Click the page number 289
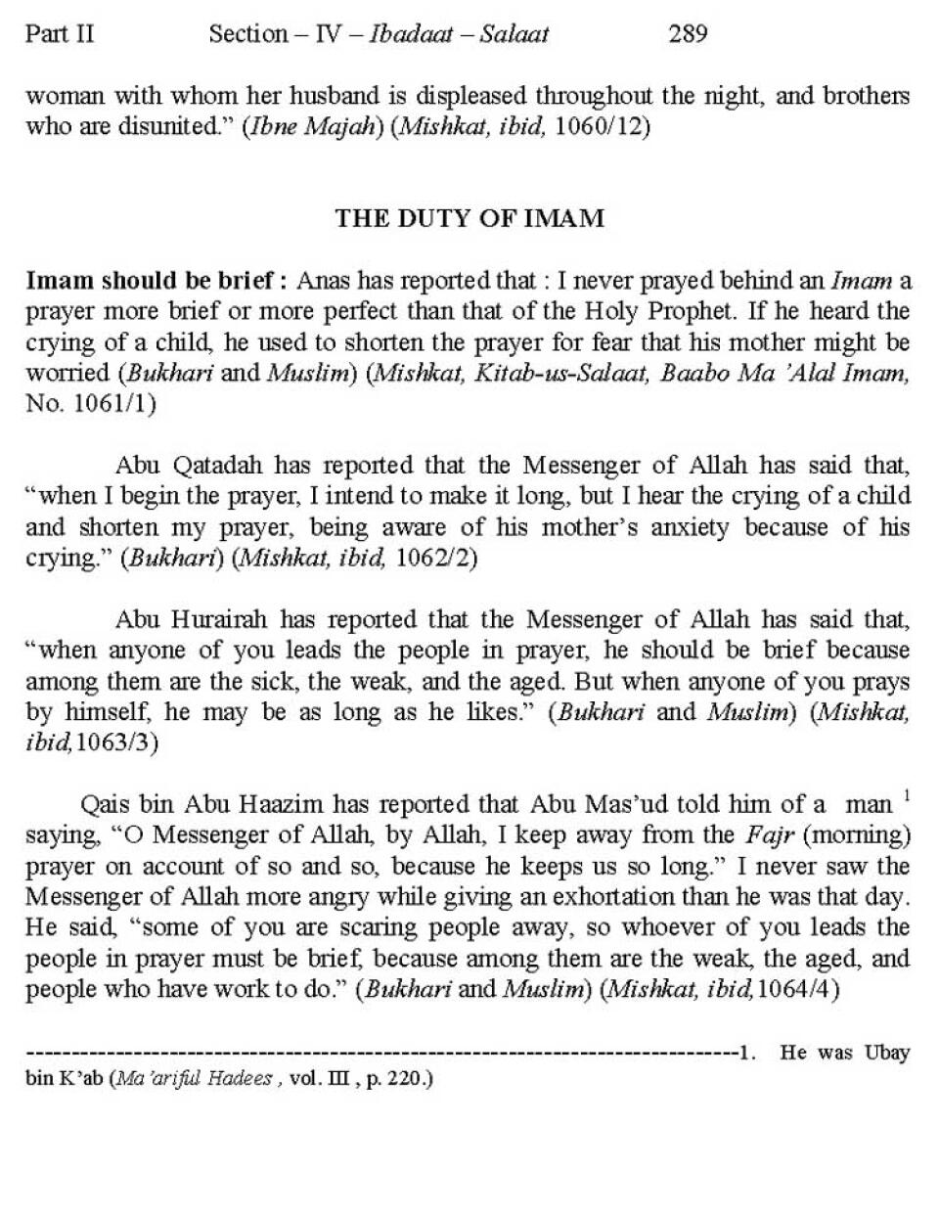pos(688,34)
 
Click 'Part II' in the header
pos(60,34)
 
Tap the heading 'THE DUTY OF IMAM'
pos(469,217)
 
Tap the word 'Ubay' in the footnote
pos(887,1053)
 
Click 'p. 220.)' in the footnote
pos(402,1080)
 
